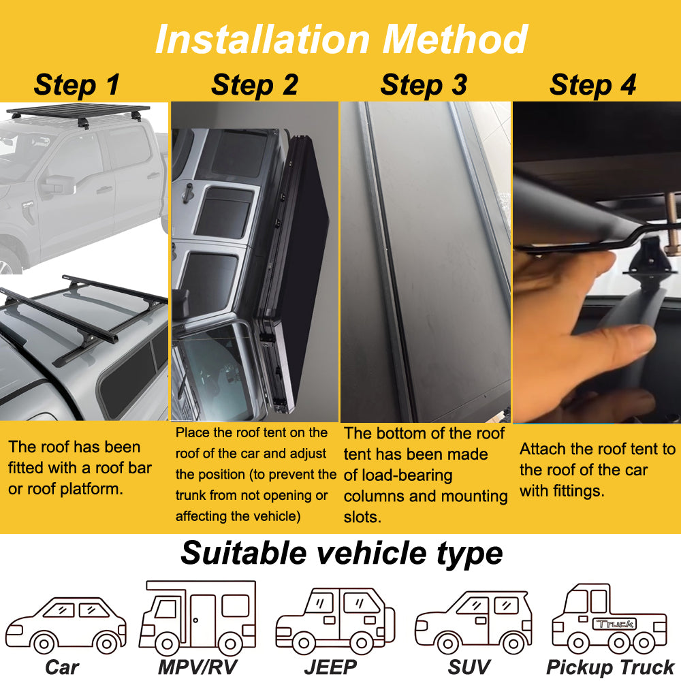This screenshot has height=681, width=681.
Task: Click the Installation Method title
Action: (340, 39)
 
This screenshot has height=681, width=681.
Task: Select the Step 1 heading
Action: (76, 85)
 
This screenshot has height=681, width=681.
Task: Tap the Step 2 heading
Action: (254, 85)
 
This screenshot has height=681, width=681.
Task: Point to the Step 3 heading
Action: (424, 85)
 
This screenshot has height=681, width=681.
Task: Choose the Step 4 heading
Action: (592, 85)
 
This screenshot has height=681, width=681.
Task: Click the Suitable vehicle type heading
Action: (341, 553)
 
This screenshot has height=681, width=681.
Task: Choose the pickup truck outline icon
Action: (609, 618)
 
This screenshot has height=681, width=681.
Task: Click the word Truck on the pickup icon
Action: (615, 623)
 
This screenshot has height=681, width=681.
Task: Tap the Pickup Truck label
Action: (610, 667)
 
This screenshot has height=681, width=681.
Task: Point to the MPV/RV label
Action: (197, 667)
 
